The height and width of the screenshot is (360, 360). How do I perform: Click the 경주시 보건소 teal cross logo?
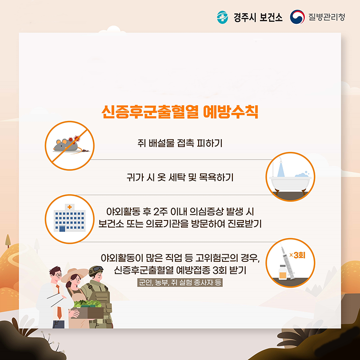click(x=222, y=17)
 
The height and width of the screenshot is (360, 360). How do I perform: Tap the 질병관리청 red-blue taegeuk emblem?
click(x=297, y=17)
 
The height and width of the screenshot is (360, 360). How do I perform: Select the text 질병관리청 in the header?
click(x=327, y=17)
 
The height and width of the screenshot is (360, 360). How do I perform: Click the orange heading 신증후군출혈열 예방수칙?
click(x=180, y=112)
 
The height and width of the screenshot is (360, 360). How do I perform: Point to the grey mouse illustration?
click(x=66, y=145)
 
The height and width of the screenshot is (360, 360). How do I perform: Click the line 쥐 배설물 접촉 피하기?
click(x=180, y=143)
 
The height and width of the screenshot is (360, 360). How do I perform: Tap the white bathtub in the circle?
click(x=290, y=184)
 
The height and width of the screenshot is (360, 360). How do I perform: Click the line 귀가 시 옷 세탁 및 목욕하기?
click(x=180, y=178)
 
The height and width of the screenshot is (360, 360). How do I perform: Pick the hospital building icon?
click(x=70, y=218)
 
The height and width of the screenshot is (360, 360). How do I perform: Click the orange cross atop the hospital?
click(x=70, y=207)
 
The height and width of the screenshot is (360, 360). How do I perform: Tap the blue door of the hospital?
click(x=62, y=229)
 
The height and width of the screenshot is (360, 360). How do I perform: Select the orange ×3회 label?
click(x=297, y=255)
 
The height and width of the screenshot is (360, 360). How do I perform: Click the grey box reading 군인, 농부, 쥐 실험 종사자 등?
click(x=180, y=282)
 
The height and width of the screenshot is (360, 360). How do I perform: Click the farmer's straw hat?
click(x=75, y=274)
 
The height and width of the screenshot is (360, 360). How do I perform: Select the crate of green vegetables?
click(x=88, y=309)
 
